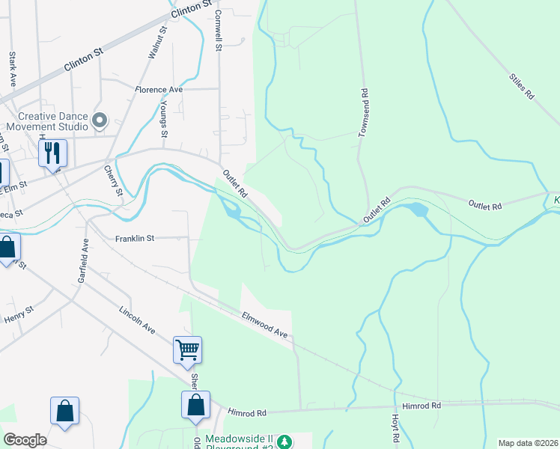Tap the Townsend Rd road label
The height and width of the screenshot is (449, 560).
364,113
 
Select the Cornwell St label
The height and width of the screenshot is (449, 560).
218,31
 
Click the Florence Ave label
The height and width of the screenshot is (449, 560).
159,90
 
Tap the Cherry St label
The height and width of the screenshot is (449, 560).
113,181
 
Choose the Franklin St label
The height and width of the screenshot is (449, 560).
135,238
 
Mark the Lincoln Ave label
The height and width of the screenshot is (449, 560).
137,320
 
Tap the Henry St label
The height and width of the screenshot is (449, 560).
19,315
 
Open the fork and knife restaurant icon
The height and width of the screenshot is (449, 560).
52,153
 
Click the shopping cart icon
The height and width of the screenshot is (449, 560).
187,349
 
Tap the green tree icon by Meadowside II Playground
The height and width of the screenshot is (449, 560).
284,442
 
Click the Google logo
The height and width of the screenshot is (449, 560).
24,440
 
